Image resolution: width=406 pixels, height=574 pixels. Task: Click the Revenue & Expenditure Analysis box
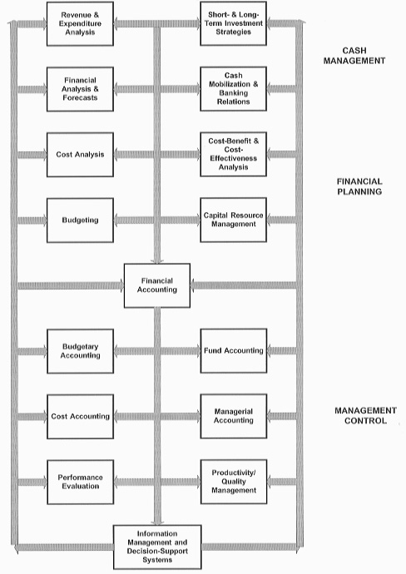pos(80,24)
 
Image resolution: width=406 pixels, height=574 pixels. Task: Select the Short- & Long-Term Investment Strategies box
pos(233,23)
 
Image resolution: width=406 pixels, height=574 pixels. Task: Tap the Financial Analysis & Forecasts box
pos(80,89)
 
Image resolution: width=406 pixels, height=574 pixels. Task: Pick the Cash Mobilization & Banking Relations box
pos(233,88)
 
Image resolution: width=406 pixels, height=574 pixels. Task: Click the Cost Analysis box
pos(80,155)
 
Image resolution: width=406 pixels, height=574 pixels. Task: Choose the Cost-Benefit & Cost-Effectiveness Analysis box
pos(233,154)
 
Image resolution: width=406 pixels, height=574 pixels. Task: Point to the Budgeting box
pos(80,220)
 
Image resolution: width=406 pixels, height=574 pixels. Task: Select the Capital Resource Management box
pos(233,220)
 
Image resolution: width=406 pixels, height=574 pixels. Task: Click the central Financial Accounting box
pos(157,285)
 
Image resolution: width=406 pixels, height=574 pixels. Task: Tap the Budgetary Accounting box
pos(80,351)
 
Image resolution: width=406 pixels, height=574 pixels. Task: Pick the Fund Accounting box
pos(234,351)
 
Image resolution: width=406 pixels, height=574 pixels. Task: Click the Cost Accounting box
pos(80,417)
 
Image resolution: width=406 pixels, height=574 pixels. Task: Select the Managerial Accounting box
pos(234,416)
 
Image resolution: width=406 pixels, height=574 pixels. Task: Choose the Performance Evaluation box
pos(80,482)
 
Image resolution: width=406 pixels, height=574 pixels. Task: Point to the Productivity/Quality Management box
pos(234,482)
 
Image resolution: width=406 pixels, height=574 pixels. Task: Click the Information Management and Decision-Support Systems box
pos(157,547)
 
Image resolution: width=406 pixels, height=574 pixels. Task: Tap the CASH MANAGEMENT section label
pos(354,56)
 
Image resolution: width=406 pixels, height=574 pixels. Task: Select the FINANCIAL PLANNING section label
pos(359,186)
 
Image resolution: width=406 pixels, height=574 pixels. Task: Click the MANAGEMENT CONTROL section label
pos(365,415)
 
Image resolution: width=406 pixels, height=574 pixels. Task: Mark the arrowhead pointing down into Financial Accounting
pos(157,260)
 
